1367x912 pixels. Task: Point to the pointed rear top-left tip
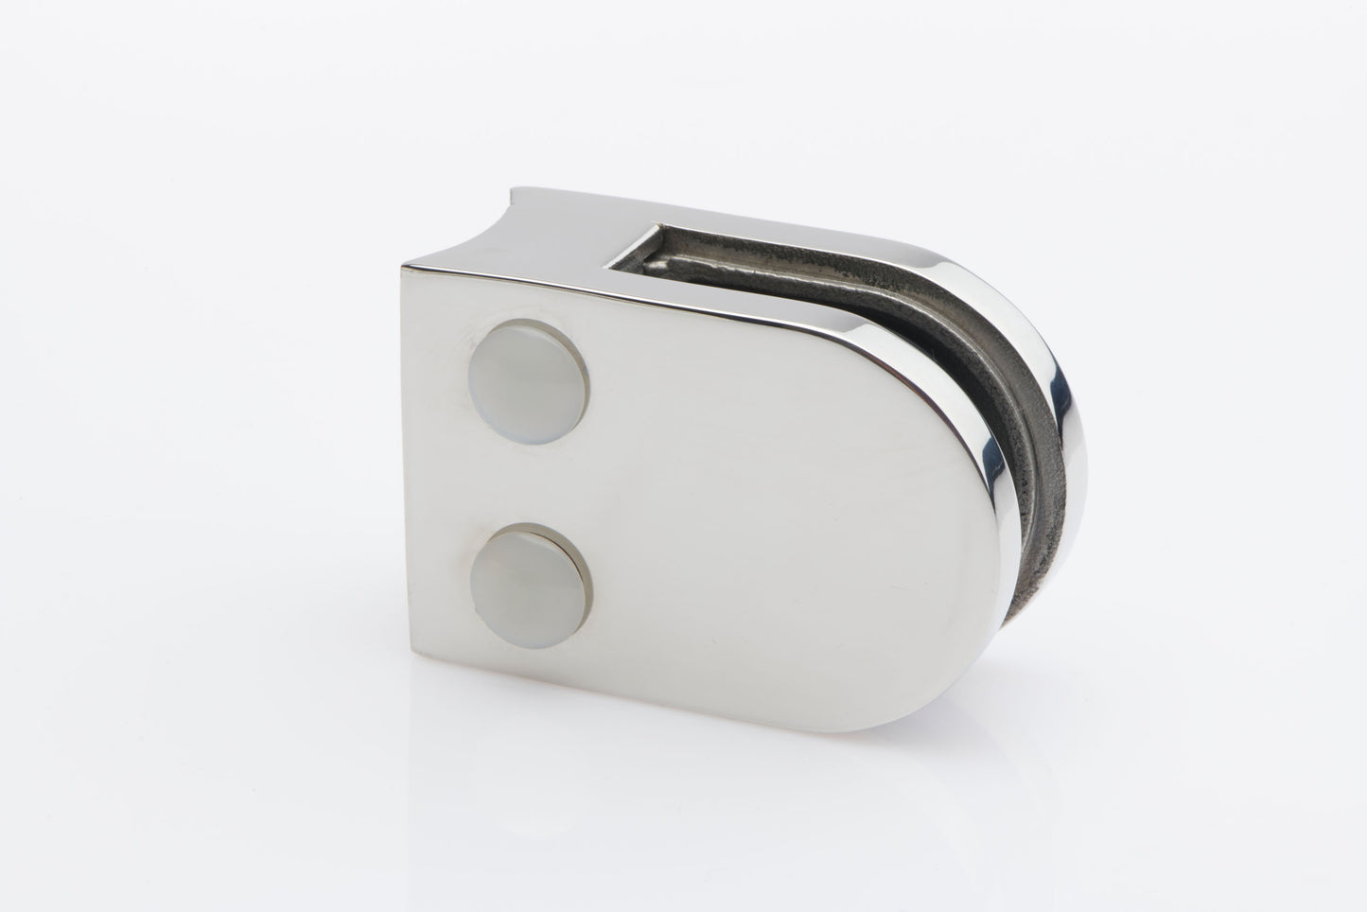(510, 193)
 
